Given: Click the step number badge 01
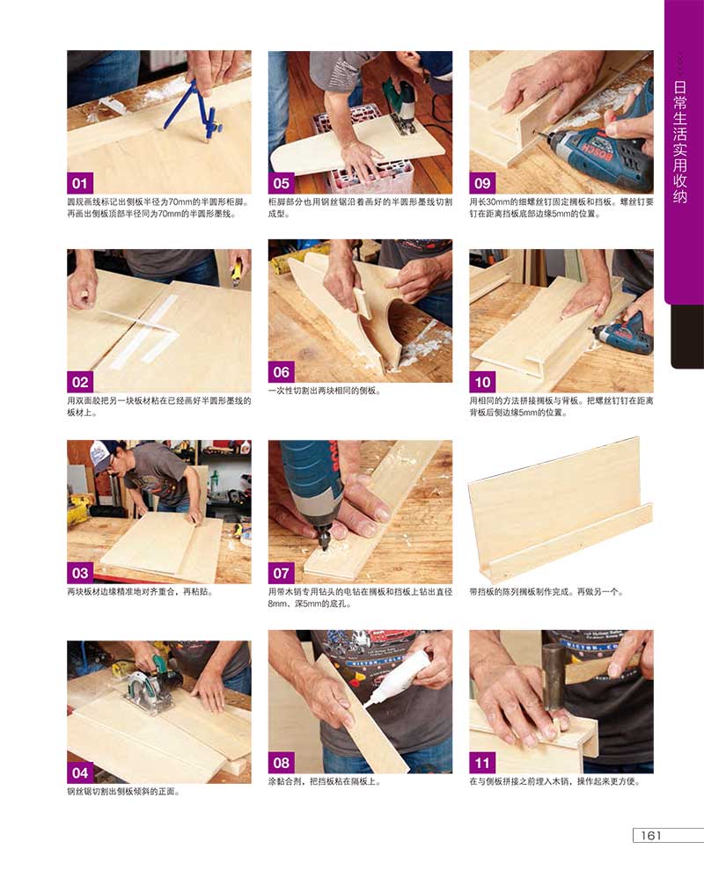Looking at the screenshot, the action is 79,183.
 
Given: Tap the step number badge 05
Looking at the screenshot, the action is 281,183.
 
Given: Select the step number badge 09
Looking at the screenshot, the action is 481,183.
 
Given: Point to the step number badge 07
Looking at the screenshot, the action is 281,574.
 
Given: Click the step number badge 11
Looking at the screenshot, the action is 481,764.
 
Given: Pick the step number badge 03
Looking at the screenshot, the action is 79,574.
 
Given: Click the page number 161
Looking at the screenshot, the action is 650,836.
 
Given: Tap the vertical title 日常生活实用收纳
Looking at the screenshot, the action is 680,143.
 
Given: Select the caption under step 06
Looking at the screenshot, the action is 325,391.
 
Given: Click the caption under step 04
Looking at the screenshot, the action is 123,792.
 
